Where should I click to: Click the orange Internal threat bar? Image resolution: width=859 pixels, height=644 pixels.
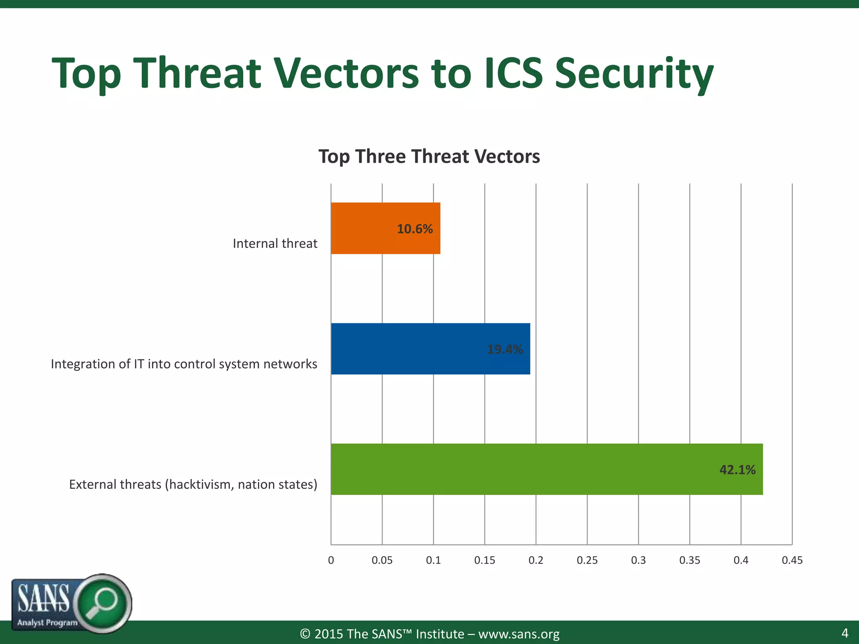(x=369, y=228)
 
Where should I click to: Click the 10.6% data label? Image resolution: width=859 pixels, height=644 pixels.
(x=414, y=229)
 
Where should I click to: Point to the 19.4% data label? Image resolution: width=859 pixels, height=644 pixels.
(x=505, y=349)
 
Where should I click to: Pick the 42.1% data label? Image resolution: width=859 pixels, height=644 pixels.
(x=737, y=470)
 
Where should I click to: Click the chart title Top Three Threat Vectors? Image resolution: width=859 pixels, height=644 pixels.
(x=429, y=156)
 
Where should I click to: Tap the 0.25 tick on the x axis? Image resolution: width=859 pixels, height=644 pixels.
(x=587, y=560)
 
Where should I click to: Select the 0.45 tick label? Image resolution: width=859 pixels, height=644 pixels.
(x=792, y=560)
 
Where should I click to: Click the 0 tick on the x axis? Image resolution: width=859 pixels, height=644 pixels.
(x=331, y=560)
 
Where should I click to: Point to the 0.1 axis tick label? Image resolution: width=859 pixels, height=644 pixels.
(x=433, y=560)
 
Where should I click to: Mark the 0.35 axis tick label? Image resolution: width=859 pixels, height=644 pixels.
(x=690, y=560)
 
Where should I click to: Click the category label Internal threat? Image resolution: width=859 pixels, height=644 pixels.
(x=275, y=244)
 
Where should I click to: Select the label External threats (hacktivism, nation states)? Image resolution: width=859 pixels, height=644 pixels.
(x=193, y=485)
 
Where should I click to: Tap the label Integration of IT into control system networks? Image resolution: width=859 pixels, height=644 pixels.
(x=184, y=364)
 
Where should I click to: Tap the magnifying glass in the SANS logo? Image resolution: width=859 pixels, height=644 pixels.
(x=103, y=602)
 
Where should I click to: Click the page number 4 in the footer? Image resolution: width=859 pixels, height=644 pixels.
(x=845, y=633)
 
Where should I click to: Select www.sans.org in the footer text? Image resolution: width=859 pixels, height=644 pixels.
(x=518, y=634)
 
